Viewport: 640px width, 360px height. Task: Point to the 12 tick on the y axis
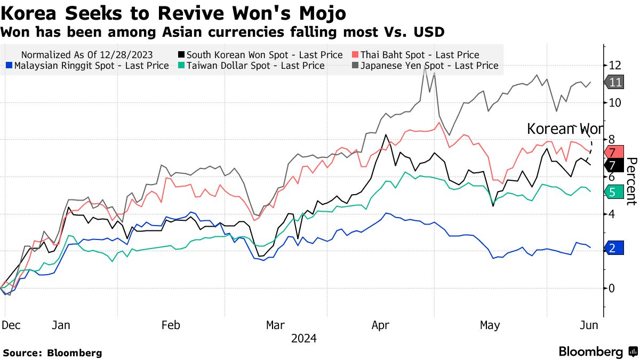point(614,65)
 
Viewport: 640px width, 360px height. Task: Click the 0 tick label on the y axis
point(611,288)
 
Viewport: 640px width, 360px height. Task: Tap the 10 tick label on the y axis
point(614,102)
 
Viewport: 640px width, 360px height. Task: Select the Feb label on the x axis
point(170,325)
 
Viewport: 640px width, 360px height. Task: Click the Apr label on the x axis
point(381,325)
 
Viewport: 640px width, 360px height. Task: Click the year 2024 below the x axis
point(304,339)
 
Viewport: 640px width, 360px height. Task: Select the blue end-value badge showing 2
point(614,248)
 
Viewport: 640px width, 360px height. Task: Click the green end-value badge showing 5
point(614,192)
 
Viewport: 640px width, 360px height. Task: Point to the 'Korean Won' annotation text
point(564,129)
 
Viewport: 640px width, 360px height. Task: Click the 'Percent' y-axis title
point(631,181)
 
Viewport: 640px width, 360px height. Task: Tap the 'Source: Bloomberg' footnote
point(52,353)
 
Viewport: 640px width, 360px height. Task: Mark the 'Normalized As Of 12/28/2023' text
point(87,55)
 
